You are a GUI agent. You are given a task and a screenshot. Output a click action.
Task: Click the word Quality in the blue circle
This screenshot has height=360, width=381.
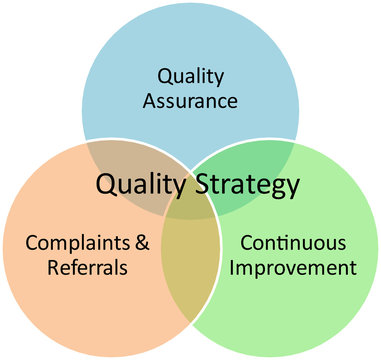pos(189,76)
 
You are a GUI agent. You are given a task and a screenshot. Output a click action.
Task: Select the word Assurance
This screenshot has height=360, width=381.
pos(189,100)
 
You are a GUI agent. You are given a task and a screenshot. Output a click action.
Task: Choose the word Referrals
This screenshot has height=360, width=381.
pos(87,268)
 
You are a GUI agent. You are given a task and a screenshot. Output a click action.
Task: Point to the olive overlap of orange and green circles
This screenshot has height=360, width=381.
pos(190,270)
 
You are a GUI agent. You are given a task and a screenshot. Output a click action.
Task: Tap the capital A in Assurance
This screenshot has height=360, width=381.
pos(150,100)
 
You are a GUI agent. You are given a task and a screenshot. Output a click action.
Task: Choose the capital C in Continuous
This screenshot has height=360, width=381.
pos(246,243)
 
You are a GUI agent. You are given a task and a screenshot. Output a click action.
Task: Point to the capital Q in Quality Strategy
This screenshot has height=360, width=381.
pos(105,185)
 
